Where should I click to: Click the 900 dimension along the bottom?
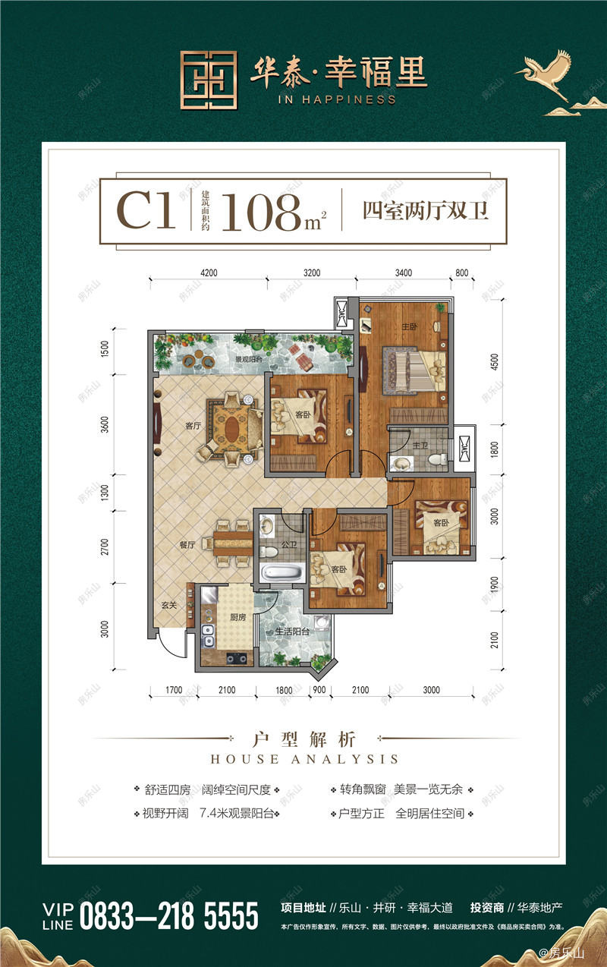click(x=319, y=690)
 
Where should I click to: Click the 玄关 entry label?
click(x=169, y=604)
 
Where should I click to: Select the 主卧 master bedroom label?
click(x=410, y=326)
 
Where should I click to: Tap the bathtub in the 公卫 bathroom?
click(x=274, y=572)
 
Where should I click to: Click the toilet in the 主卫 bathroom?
click(x=436, y=458)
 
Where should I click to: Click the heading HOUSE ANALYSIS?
click(x=303, y=758)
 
